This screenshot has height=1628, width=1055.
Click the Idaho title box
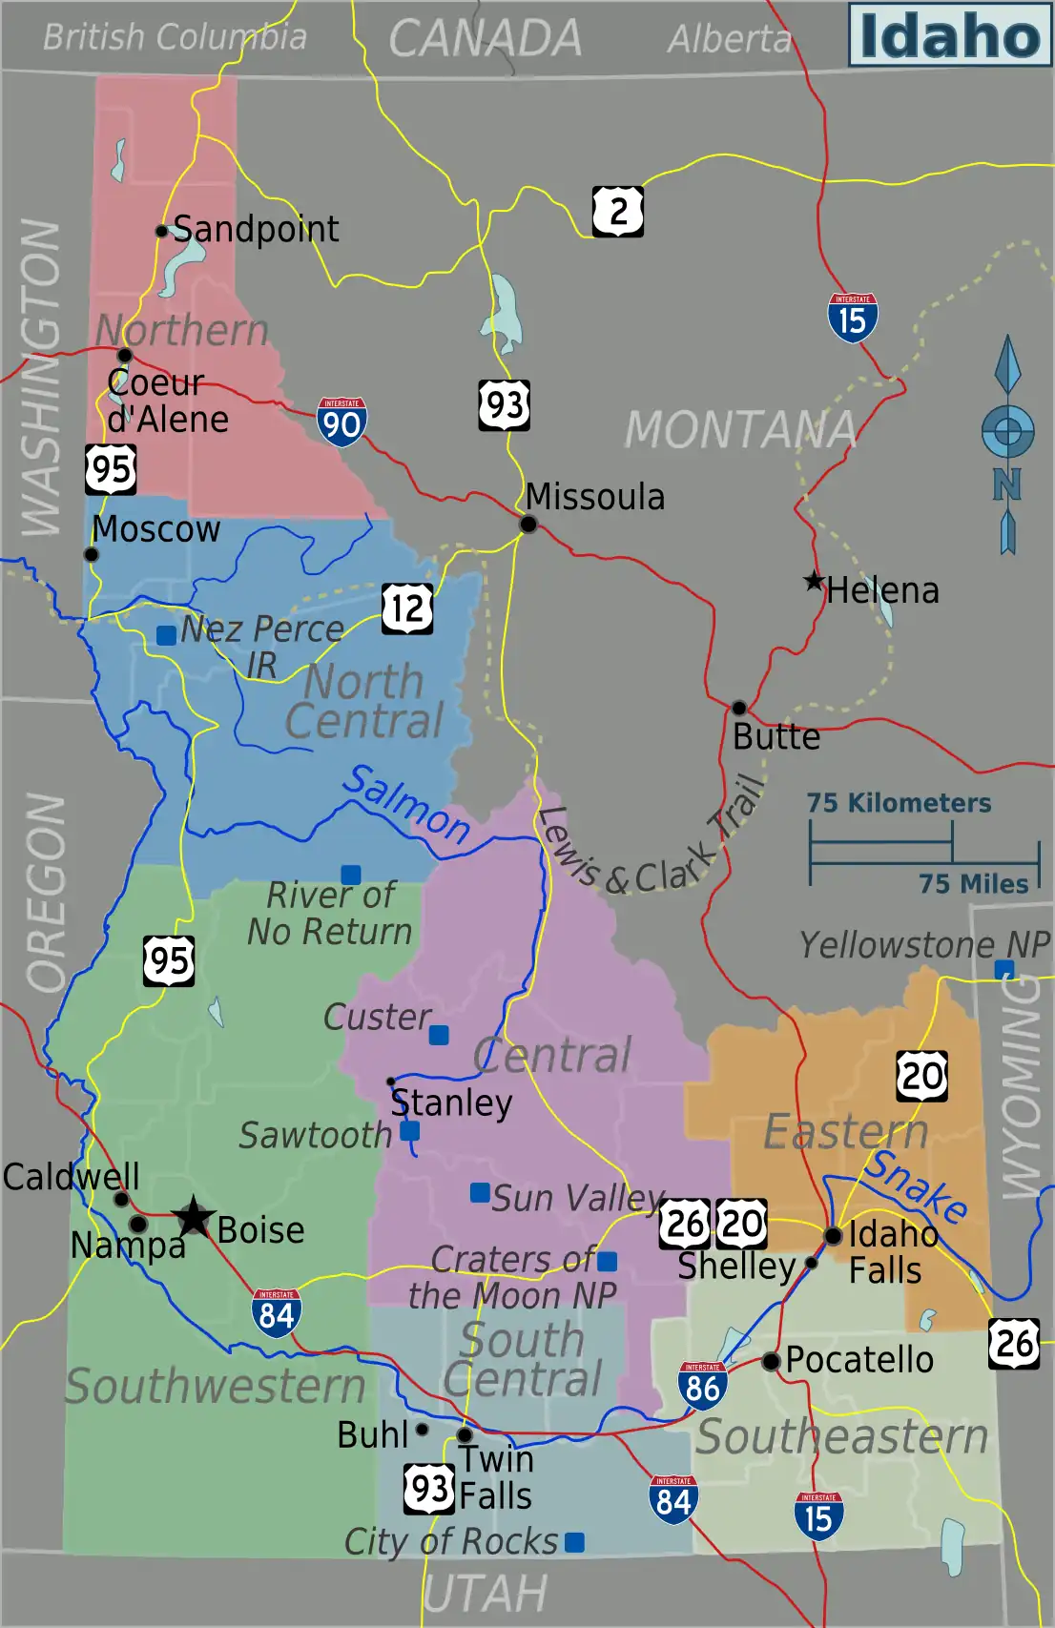coord(949,35)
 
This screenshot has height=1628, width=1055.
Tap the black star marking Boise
coord(194,1216)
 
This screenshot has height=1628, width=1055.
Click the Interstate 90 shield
coord(341,422)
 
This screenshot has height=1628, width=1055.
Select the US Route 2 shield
coord(618,212)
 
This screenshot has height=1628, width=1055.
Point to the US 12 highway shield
coord(407,608)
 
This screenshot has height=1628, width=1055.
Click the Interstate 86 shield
coord(702,1386)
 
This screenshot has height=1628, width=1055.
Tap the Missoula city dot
coord(527,524)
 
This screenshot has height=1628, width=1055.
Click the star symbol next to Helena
coord(813,581)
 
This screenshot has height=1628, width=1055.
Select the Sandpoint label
coord(255,230)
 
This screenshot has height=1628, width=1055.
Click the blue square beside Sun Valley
coord(480,1193)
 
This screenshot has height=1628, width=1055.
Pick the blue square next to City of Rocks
coord(574,1542)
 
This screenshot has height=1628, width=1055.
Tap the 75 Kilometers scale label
coord(899,803)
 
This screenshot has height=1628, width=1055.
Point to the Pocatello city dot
coord(771,1361)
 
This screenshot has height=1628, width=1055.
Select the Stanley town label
coord(451,1103)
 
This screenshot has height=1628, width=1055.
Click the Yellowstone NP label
coord(923,945)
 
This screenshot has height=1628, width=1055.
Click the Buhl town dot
coord(422,1429)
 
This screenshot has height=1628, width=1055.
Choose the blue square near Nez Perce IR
coord(166,635)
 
